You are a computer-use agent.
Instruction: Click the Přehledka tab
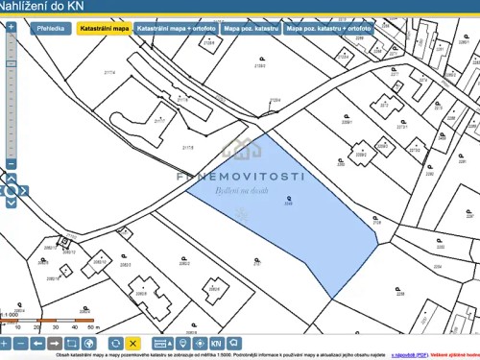pos(52,30)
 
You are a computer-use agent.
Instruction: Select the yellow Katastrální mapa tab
pos(104,30)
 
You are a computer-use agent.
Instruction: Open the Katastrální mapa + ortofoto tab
pos(176,30)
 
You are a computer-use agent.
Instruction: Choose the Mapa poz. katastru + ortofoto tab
pos(328,30)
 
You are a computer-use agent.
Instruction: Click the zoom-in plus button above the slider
pos(10,26)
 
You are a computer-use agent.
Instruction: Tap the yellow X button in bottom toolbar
pos(133,343)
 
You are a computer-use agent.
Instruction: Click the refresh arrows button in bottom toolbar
pos(115,343)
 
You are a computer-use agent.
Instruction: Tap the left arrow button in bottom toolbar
pos(36,343)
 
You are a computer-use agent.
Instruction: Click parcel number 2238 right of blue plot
pos(377,222)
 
